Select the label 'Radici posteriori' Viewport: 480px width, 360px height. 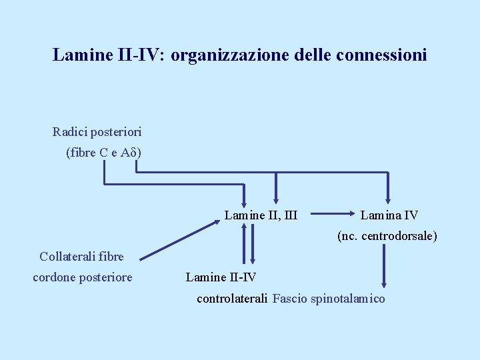tap(97, 132)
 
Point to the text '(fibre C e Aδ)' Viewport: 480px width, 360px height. tap(103, 153)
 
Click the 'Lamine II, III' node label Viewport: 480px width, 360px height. tap(261, 215)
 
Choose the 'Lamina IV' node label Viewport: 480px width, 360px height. tap(389, 215)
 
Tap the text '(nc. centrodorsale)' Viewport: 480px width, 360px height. tap(387, 235)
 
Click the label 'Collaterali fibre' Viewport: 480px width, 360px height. tap(81, 256)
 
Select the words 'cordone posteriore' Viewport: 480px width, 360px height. tap(83, 277)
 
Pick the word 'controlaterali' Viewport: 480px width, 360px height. tap(232, 299)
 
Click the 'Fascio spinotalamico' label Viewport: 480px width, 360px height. tap(329, 299)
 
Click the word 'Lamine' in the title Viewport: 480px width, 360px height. tap(77, 55)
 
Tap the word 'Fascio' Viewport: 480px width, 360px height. tap(289, 299)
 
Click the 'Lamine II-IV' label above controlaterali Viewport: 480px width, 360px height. tap(221, 277)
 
